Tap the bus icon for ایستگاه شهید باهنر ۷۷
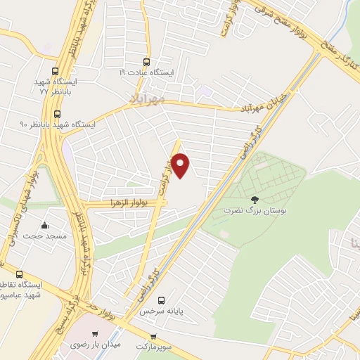tap(56, 71)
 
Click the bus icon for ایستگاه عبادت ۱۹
tap(146, 61)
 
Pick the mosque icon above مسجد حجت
tap(46, 226)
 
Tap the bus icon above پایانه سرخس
tap(162, 299)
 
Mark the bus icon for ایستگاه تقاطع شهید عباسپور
tap(19, 274)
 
